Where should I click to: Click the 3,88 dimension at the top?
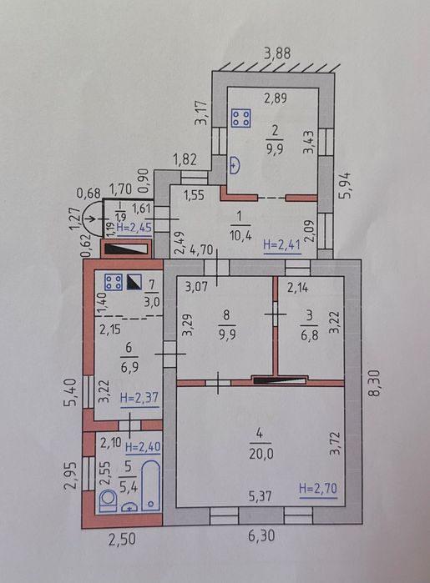tap(277, 53)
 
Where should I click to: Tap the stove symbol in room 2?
tap(240, 118)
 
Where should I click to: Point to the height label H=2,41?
tap(282, 246)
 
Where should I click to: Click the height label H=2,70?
tap(318, 488)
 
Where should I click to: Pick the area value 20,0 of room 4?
tap(261, 454)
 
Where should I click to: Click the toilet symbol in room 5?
tap(108, 500)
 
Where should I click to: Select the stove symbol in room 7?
tap(114, 282)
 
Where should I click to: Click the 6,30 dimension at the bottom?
tap(261, 535)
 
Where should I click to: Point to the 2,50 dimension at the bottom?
tap(122, 539)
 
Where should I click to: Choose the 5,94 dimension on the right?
tap(345, 185)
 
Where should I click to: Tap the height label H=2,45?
tap(134, 227)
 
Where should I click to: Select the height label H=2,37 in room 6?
tap(139, 398)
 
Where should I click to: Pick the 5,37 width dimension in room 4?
tap(260, 495)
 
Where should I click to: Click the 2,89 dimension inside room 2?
tap(276, 98)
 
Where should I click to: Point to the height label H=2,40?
tap(143, 447)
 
